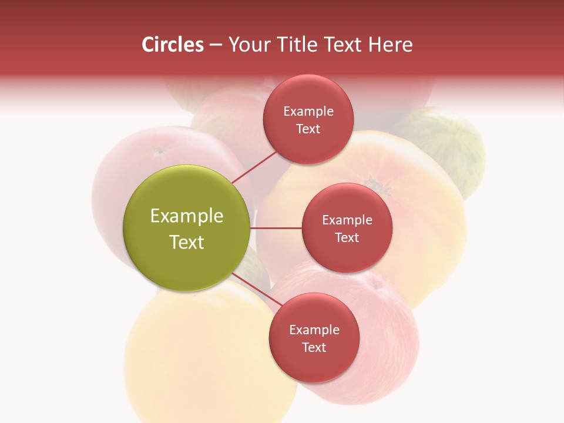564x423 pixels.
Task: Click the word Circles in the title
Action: click(172, 45)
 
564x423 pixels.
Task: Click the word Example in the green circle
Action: click(186, 216)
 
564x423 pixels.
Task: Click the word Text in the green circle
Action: click(186, 242)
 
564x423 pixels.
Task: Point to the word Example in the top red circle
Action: click(308, 112)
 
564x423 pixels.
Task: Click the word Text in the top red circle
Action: click(308, 129)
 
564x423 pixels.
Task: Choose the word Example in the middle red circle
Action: click(347, 220)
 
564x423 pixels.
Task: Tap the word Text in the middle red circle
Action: click(347, 237)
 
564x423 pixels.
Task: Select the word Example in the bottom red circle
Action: click(314, 330)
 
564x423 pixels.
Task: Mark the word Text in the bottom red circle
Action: click(314, 347)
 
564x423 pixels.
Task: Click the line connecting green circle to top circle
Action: click(254, 167)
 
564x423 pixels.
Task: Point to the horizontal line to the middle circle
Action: click(276, 228)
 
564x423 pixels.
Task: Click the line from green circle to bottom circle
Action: click(256, 289)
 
